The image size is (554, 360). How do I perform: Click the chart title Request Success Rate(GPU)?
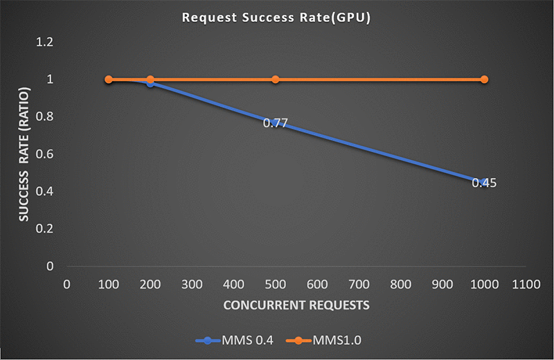276,17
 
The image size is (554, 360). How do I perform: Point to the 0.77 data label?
275,124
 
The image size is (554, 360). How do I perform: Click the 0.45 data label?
484,183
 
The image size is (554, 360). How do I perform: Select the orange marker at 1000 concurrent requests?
484,80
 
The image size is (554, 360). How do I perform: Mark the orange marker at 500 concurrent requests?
275,80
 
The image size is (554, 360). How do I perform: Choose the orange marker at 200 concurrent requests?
150,80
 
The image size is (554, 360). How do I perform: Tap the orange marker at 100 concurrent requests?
109,80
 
